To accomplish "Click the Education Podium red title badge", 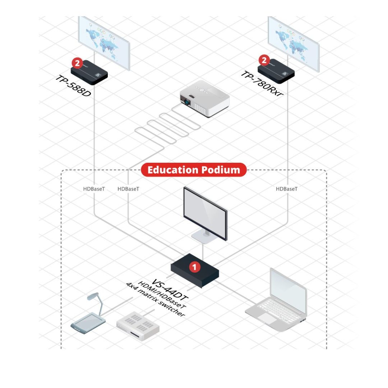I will click(x=194, y=170).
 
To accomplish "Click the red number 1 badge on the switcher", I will click(x=194, y=267).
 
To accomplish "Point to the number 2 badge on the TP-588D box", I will click(x=77, y=63).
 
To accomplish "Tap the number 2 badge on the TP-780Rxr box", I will click(x=264, y=60).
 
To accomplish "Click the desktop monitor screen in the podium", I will click(x=205, y=212).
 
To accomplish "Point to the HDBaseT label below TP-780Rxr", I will click(x=286, y=189).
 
